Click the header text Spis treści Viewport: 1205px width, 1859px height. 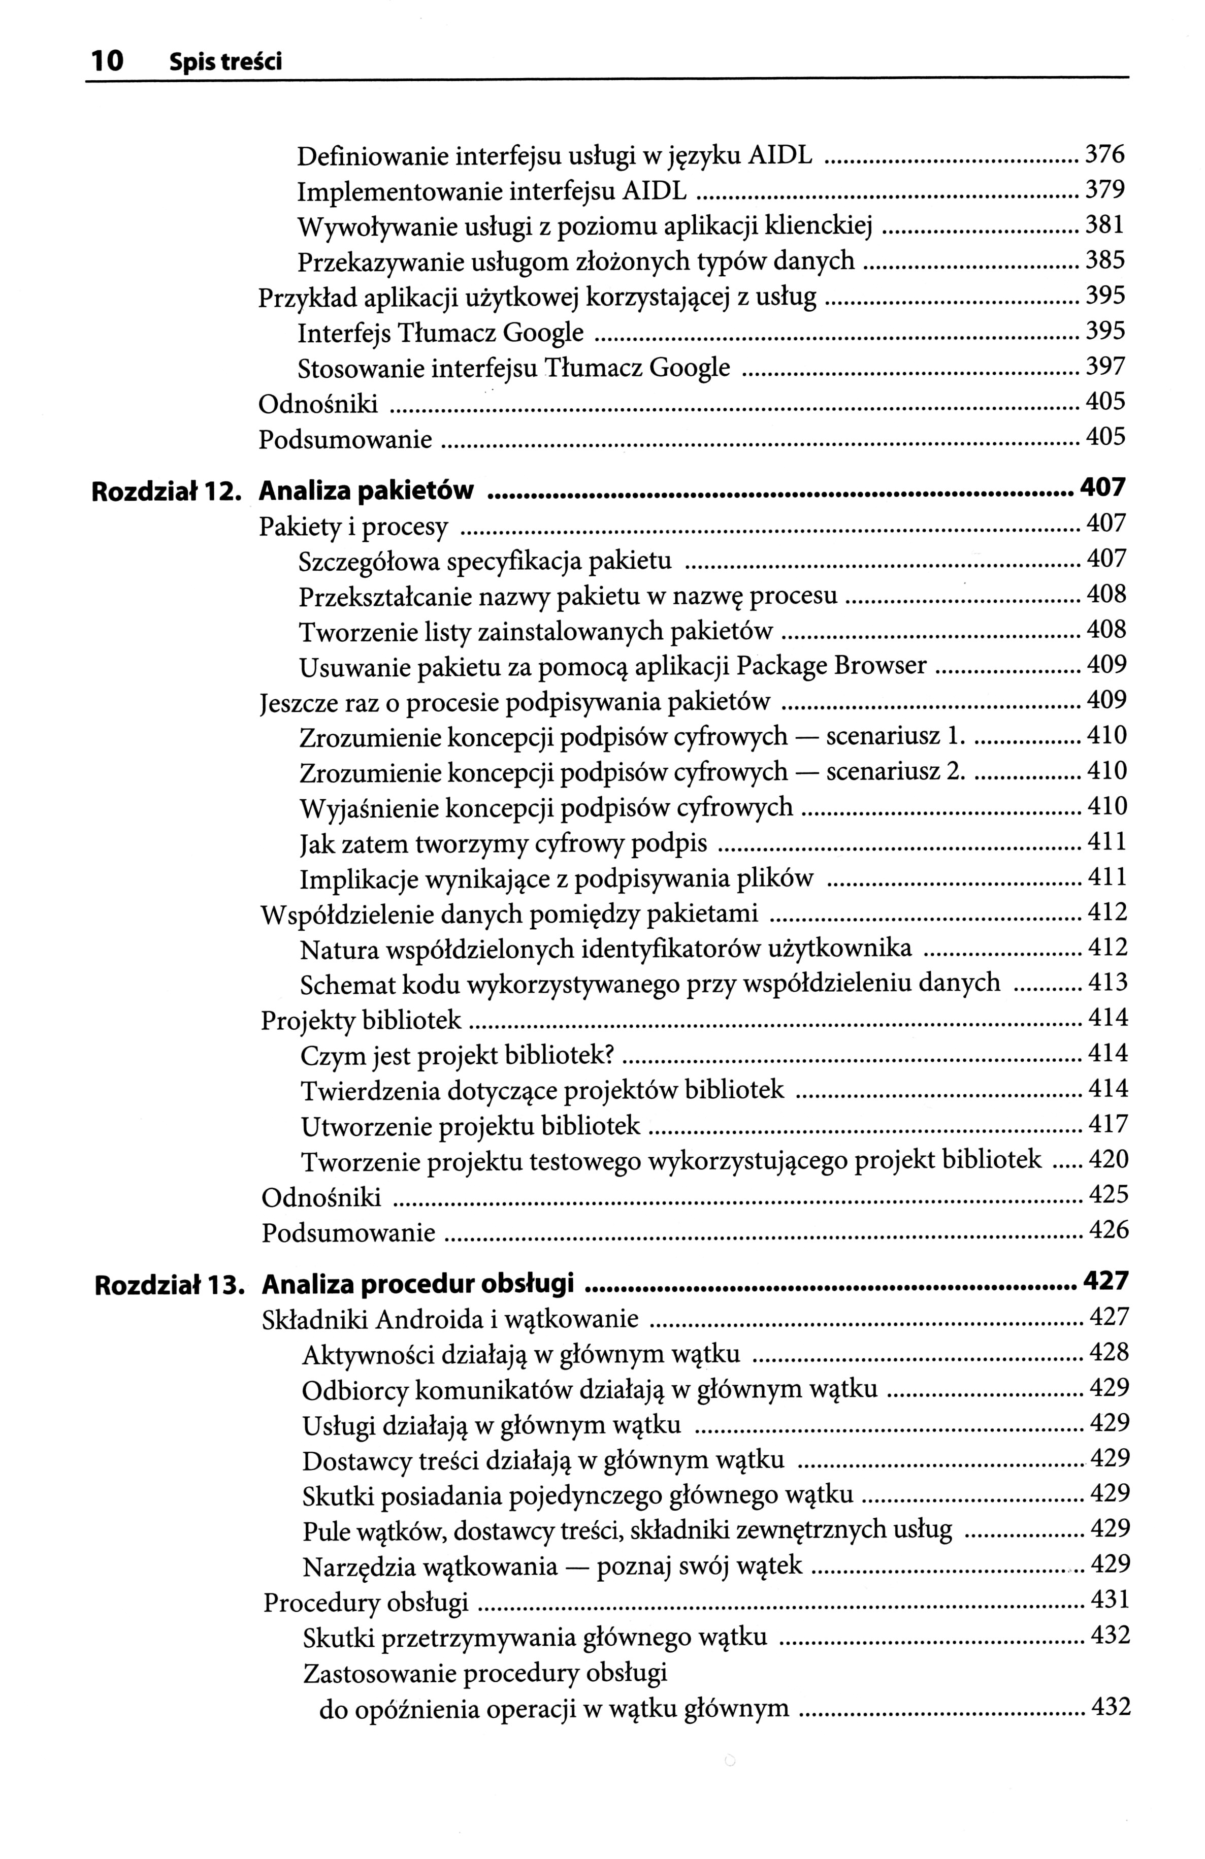click(225, 62)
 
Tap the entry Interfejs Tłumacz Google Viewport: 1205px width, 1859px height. click(440, 334)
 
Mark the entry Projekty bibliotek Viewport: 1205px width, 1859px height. click(361, 1021)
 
